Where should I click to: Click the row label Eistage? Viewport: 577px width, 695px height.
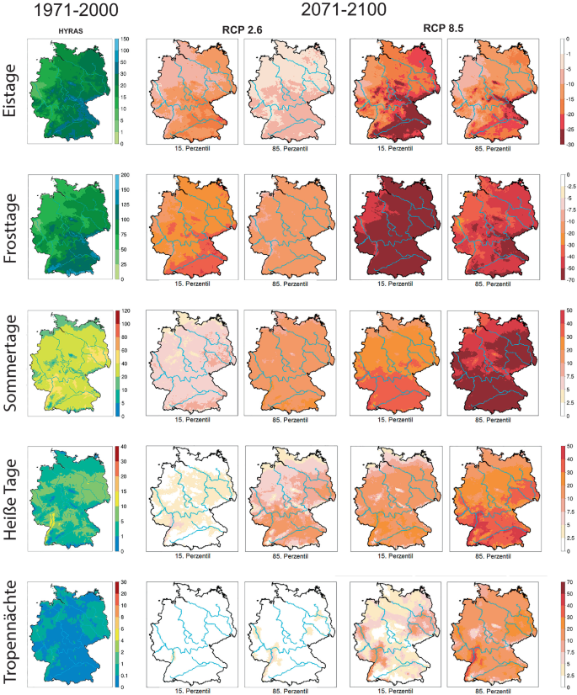click(14, 91)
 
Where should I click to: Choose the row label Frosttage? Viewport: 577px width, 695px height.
click(14, 227)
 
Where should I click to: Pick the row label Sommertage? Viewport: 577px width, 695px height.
click(14, 363)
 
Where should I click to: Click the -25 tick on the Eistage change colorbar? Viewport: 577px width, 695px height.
click(568, 130)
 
